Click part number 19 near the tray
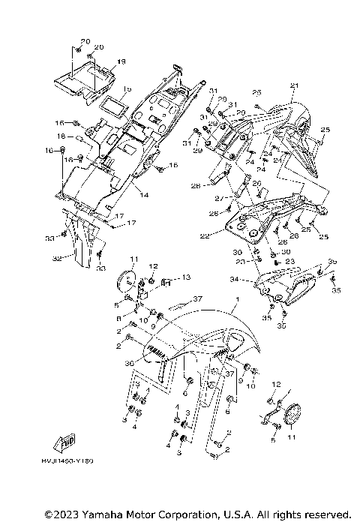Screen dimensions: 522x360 point(121,61)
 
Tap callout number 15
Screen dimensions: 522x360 point(127,88)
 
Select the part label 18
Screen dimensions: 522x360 point(62,136)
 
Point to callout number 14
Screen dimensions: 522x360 point(142,194)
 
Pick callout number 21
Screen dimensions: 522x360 point(294,85)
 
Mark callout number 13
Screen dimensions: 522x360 point(186,277)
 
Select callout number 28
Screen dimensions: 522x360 point(194,185)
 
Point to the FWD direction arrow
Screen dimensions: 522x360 point(69,439)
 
